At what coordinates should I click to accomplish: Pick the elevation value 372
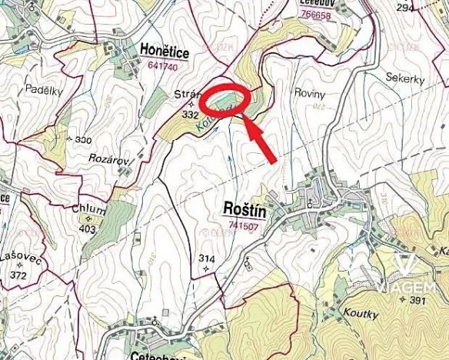tap(18, 275)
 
